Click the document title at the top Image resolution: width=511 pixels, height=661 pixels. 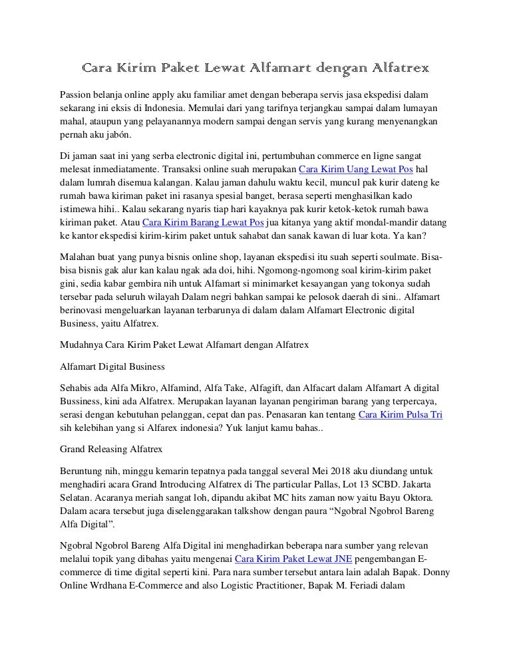pos(255,68)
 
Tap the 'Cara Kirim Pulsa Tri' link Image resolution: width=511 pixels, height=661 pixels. pos(401,414)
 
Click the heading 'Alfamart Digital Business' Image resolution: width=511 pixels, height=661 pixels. pos(112,366)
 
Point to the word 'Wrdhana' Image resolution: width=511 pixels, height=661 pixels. pos(114,585)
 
